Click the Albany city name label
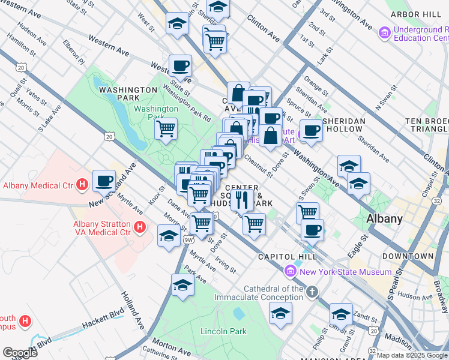pos(384,218)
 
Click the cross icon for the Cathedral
pos(311,292)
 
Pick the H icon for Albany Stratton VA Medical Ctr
pos(140,227)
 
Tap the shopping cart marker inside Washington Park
pos(166,128)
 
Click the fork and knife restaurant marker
pos(242,199)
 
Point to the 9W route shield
pos(189,240)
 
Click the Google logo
pos(20,353)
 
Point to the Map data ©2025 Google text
pos(411,355)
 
